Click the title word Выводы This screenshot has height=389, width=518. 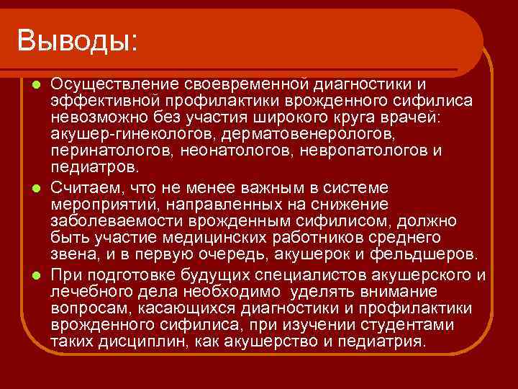tap(77, 39)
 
